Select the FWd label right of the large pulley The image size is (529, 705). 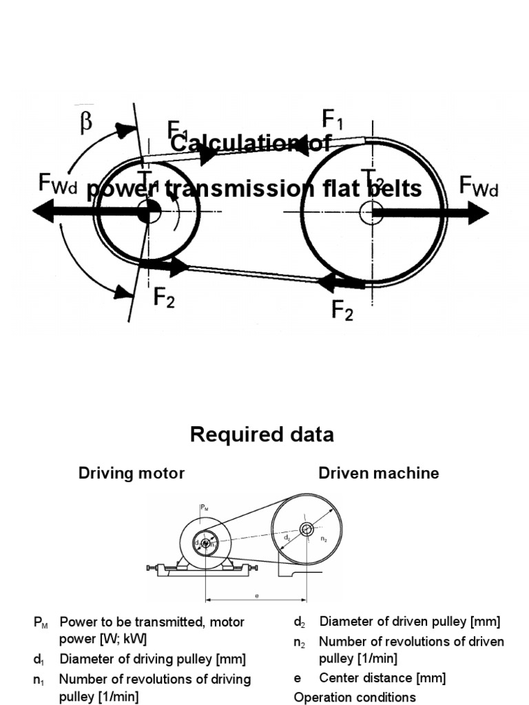479,187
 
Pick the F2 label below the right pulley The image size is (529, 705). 342,311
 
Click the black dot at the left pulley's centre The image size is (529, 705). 145,212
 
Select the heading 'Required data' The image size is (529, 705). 262,434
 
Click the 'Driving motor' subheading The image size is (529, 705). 132,473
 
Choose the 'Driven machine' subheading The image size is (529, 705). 378,473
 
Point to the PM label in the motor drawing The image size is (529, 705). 203,508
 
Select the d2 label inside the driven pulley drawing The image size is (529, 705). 288,535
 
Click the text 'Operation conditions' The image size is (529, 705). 355,697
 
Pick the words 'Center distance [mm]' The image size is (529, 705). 382,677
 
